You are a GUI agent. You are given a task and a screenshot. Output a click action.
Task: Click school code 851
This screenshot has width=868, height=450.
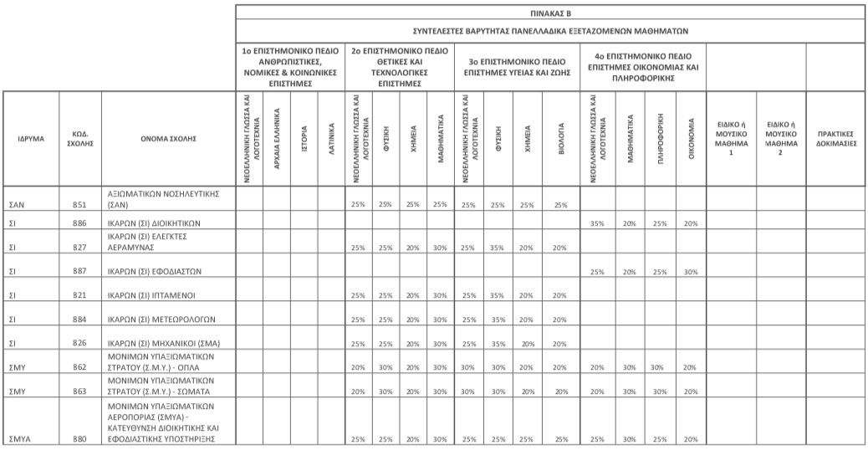click(79, 204)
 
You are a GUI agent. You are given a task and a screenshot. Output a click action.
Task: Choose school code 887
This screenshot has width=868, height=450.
click(79, 272)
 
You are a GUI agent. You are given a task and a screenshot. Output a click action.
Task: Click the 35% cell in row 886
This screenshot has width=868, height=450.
click(596, 224)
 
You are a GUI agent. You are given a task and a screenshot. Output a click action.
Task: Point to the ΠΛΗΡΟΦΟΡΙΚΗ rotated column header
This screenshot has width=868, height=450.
click(660, 138)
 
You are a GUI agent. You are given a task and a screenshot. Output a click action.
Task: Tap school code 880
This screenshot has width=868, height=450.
click(79, 439)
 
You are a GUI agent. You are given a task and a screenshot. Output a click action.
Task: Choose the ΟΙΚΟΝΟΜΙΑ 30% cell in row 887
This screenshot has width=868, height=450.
click(690, 272)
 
